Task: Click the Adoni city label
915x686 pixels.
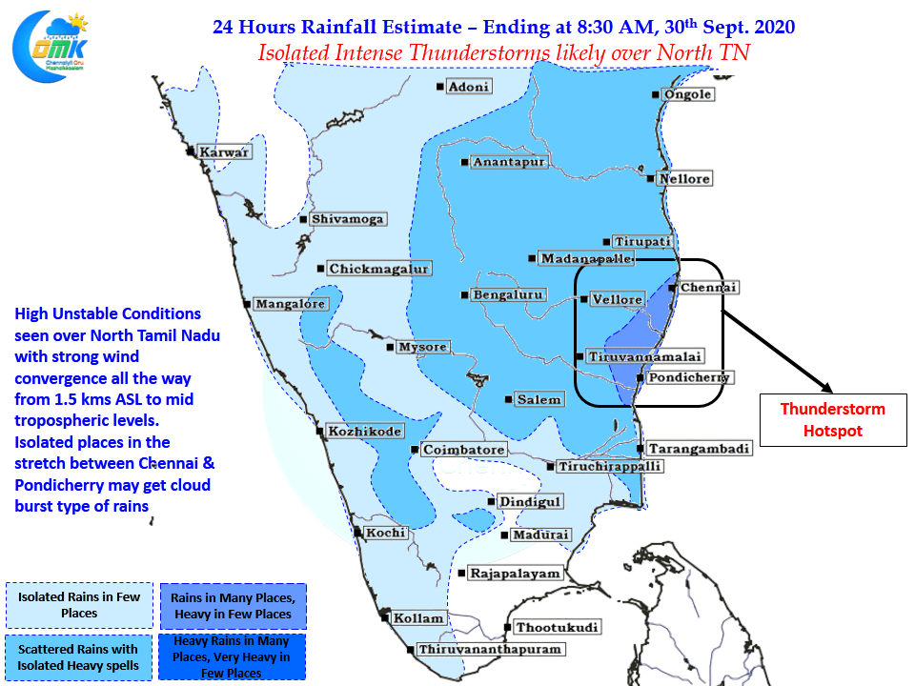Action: coord(469,87)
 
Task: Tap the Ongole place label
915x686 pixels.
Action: coord(688,94)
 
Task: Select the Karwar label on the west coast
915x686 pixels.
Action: coord(224,152)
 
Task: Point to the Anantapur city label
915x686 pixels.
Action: coord(509,162)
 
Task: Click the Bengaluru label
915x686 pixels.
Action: coord(508,294)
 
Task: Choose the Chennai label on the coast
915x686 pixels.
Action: coord(708,287)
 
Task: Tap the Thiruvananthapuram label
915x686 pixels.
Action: coord(490,649)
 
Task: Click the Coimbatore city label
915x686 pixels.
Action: coord(464,450)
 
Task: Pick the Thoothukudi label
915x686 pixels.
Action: coord(557,627)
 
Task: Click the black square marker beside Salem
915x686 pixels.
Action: coord(508,399)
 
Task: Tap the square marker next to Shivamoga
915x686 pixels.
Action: coord(303,219)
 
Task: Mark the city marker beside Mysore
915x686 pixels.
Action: coord(391,347)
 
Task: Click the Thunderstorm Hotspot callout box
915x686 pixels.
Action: coord(833,420)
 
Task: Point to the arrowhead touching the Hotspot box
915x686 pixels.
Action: coord(826,388)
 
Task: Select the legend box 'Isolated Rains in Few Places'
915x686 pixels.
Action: coord(79,605)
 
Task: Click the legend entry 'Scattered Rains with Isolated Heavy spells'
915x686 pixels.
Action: coord(79,657)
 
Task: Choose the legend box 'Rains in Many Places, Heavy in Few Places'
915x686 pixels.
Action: coord(234,606)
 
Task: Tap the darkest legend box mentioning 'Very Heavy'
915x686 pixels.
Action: coord(232,656)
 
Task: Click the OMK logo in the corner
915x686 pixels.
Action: coord(51,47)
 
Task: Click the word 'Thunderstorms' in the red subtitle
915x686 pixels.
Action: coord(478,53)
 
